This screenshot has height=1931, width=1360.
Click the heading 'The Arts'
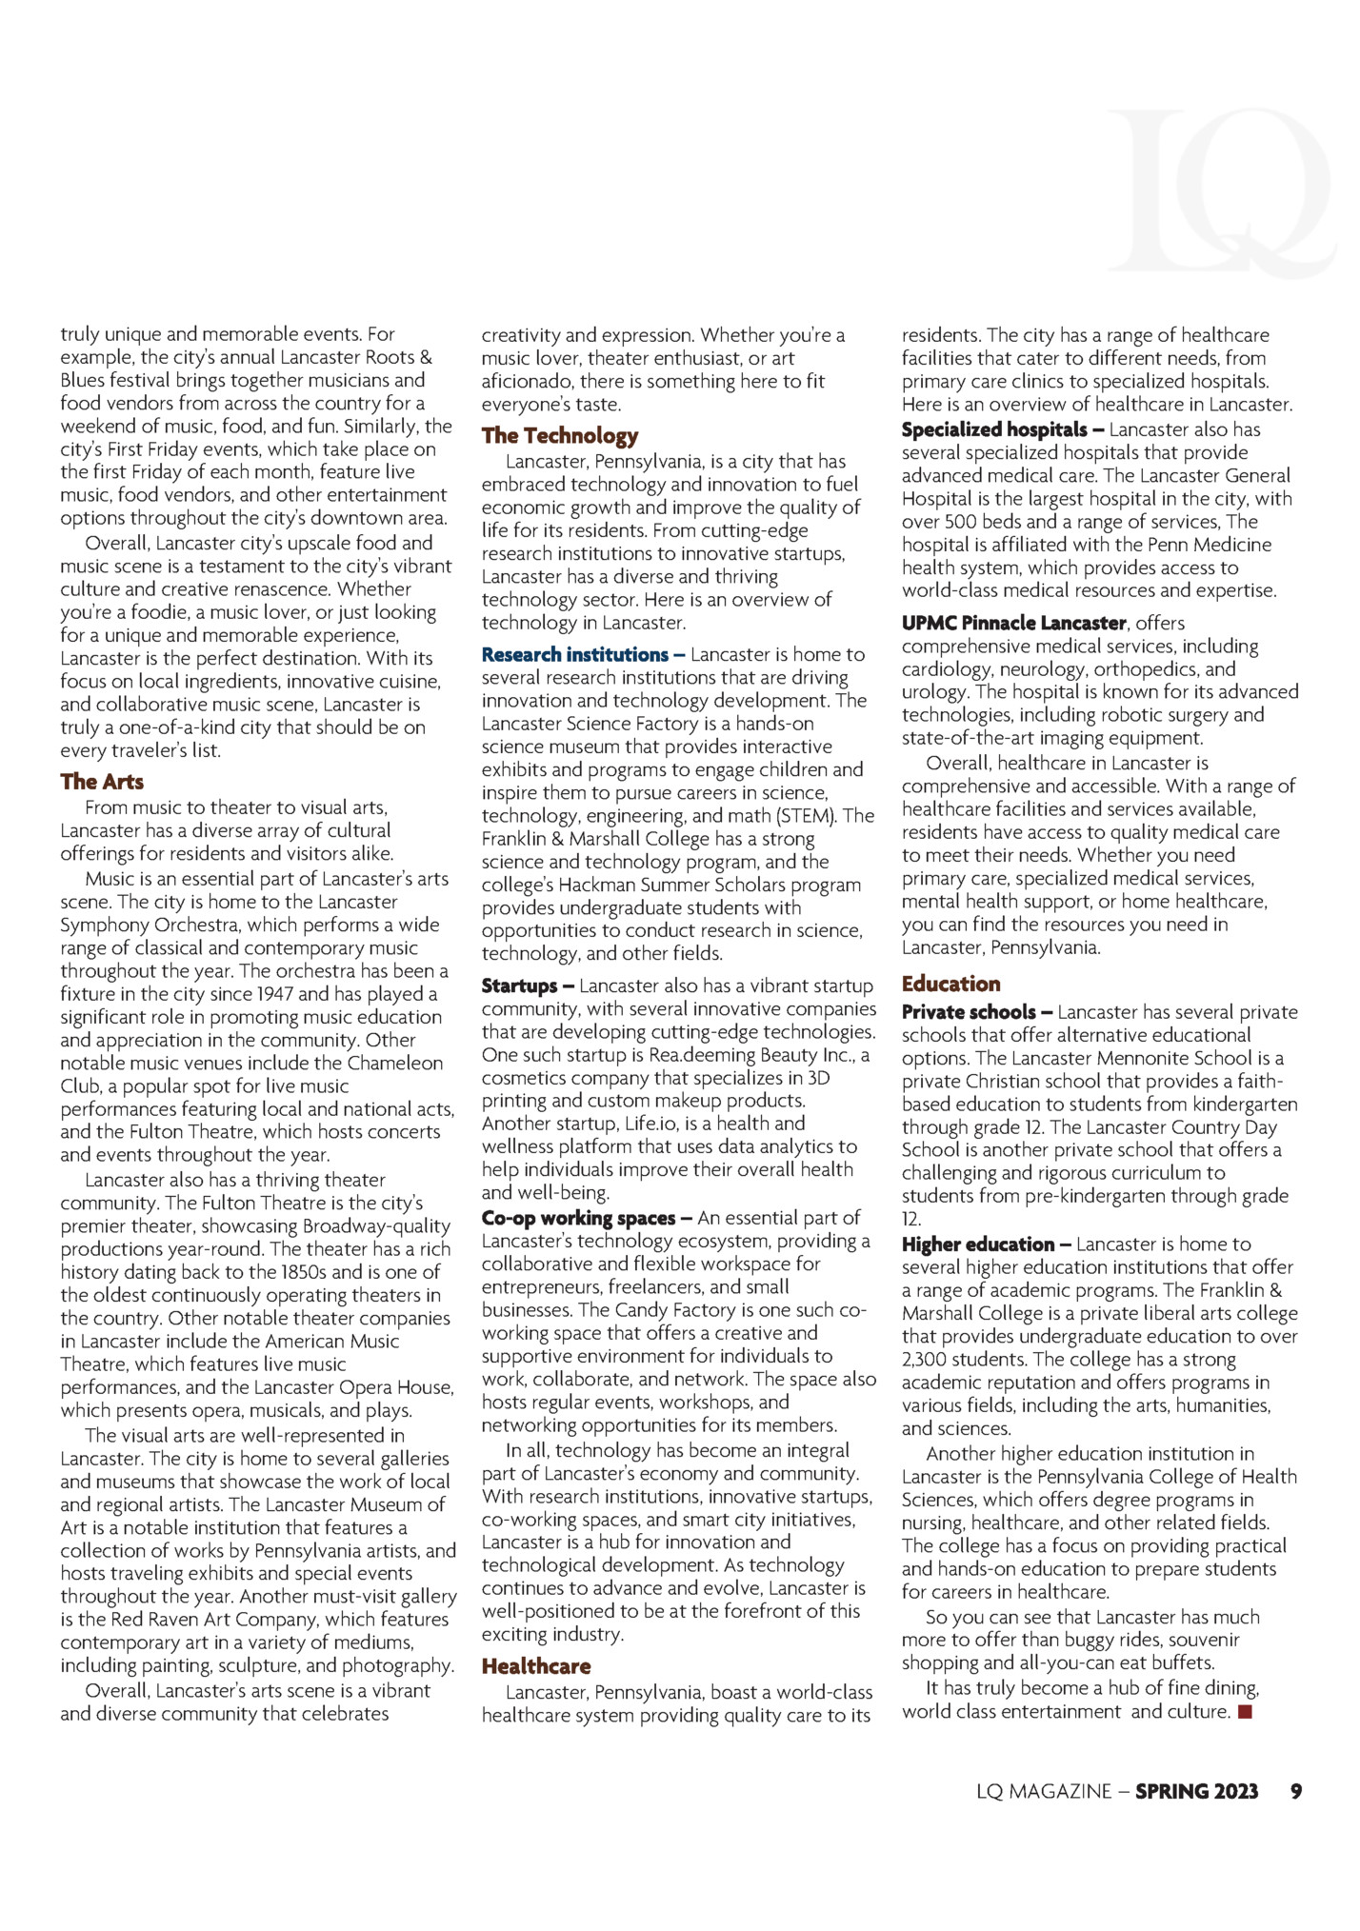pyautogui.click(x=102, y=782)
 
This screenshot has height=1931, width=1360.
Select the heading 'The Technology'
pyautogui.click(x=559, y=436)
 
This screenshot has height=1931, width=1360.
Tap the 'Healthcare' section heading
pyautogui.click(x=535, y=1666)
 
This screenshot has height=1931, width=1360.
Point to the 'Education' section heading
pyautogui.click(x=950, y=984)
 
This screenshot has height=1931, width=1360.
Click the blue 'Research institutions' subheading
pyautogui.click(x=575, y=655)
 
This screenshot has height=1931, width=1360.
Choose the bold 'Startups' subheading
pyautogui.click(x=520, y=986)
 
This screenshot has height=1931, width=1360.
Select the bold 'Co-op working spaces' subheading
pyautogui.click(x=579, y=1219)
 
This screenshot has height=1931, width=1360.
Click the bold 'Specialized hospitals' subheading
pyautogui.click(x=994, y=430)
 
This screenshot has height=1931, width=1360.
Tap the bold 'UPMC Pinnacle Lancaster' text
pyautogui.click(x=1014, y=624)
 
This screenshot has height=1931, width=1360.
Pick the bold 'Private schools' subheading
pyautogui.click(x=969, y=1012)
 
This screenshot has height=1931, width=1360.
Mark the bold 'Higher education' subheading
pyautogui.click(x=978, y=1244)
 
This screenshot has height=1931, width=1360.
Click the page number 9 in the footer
pyautogui.click(x=1295, y=1791)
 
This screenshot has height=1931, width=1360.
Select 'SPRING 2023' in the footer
pyautogui.click(x=1196, y=1791)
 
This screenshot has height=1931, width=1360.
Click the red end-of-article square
pyautogui.click(x=1245, y=1713)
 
